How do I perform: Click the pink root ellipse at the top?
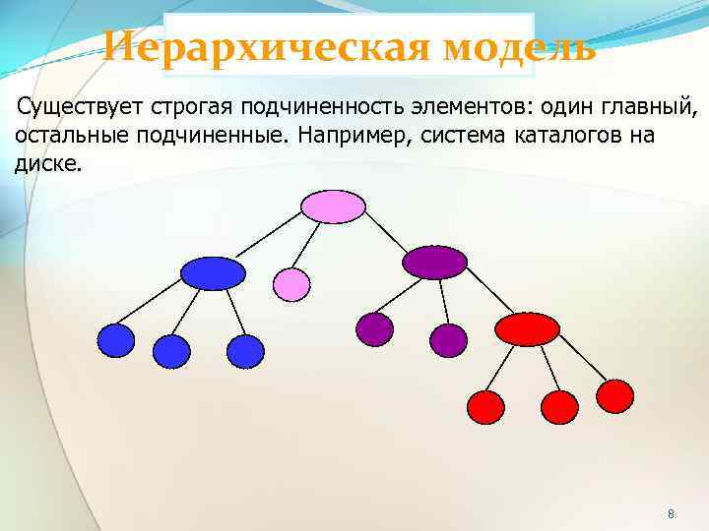(333, 206)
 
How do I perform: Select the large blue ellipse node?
(213, 272)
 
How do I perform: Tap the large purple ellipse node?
(434, 262)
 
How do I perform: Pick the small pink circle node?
(290, 284)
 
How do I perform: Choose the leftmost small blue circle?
(115, 340)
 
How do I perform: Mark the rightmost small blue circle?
(245, 351)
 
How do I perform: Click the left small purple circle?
(374, 329)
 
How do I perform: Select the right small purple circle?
(449, 340)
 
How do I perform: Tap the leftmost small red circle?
(484, 406)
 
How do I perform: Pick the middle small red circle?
(560, 406)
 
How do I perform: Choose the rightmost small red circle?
(615, 395)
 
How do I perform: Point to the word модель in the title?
(519, 45)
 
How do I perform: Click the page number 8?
(671, 514)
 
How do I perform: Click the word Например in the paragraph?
(351, 134)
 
